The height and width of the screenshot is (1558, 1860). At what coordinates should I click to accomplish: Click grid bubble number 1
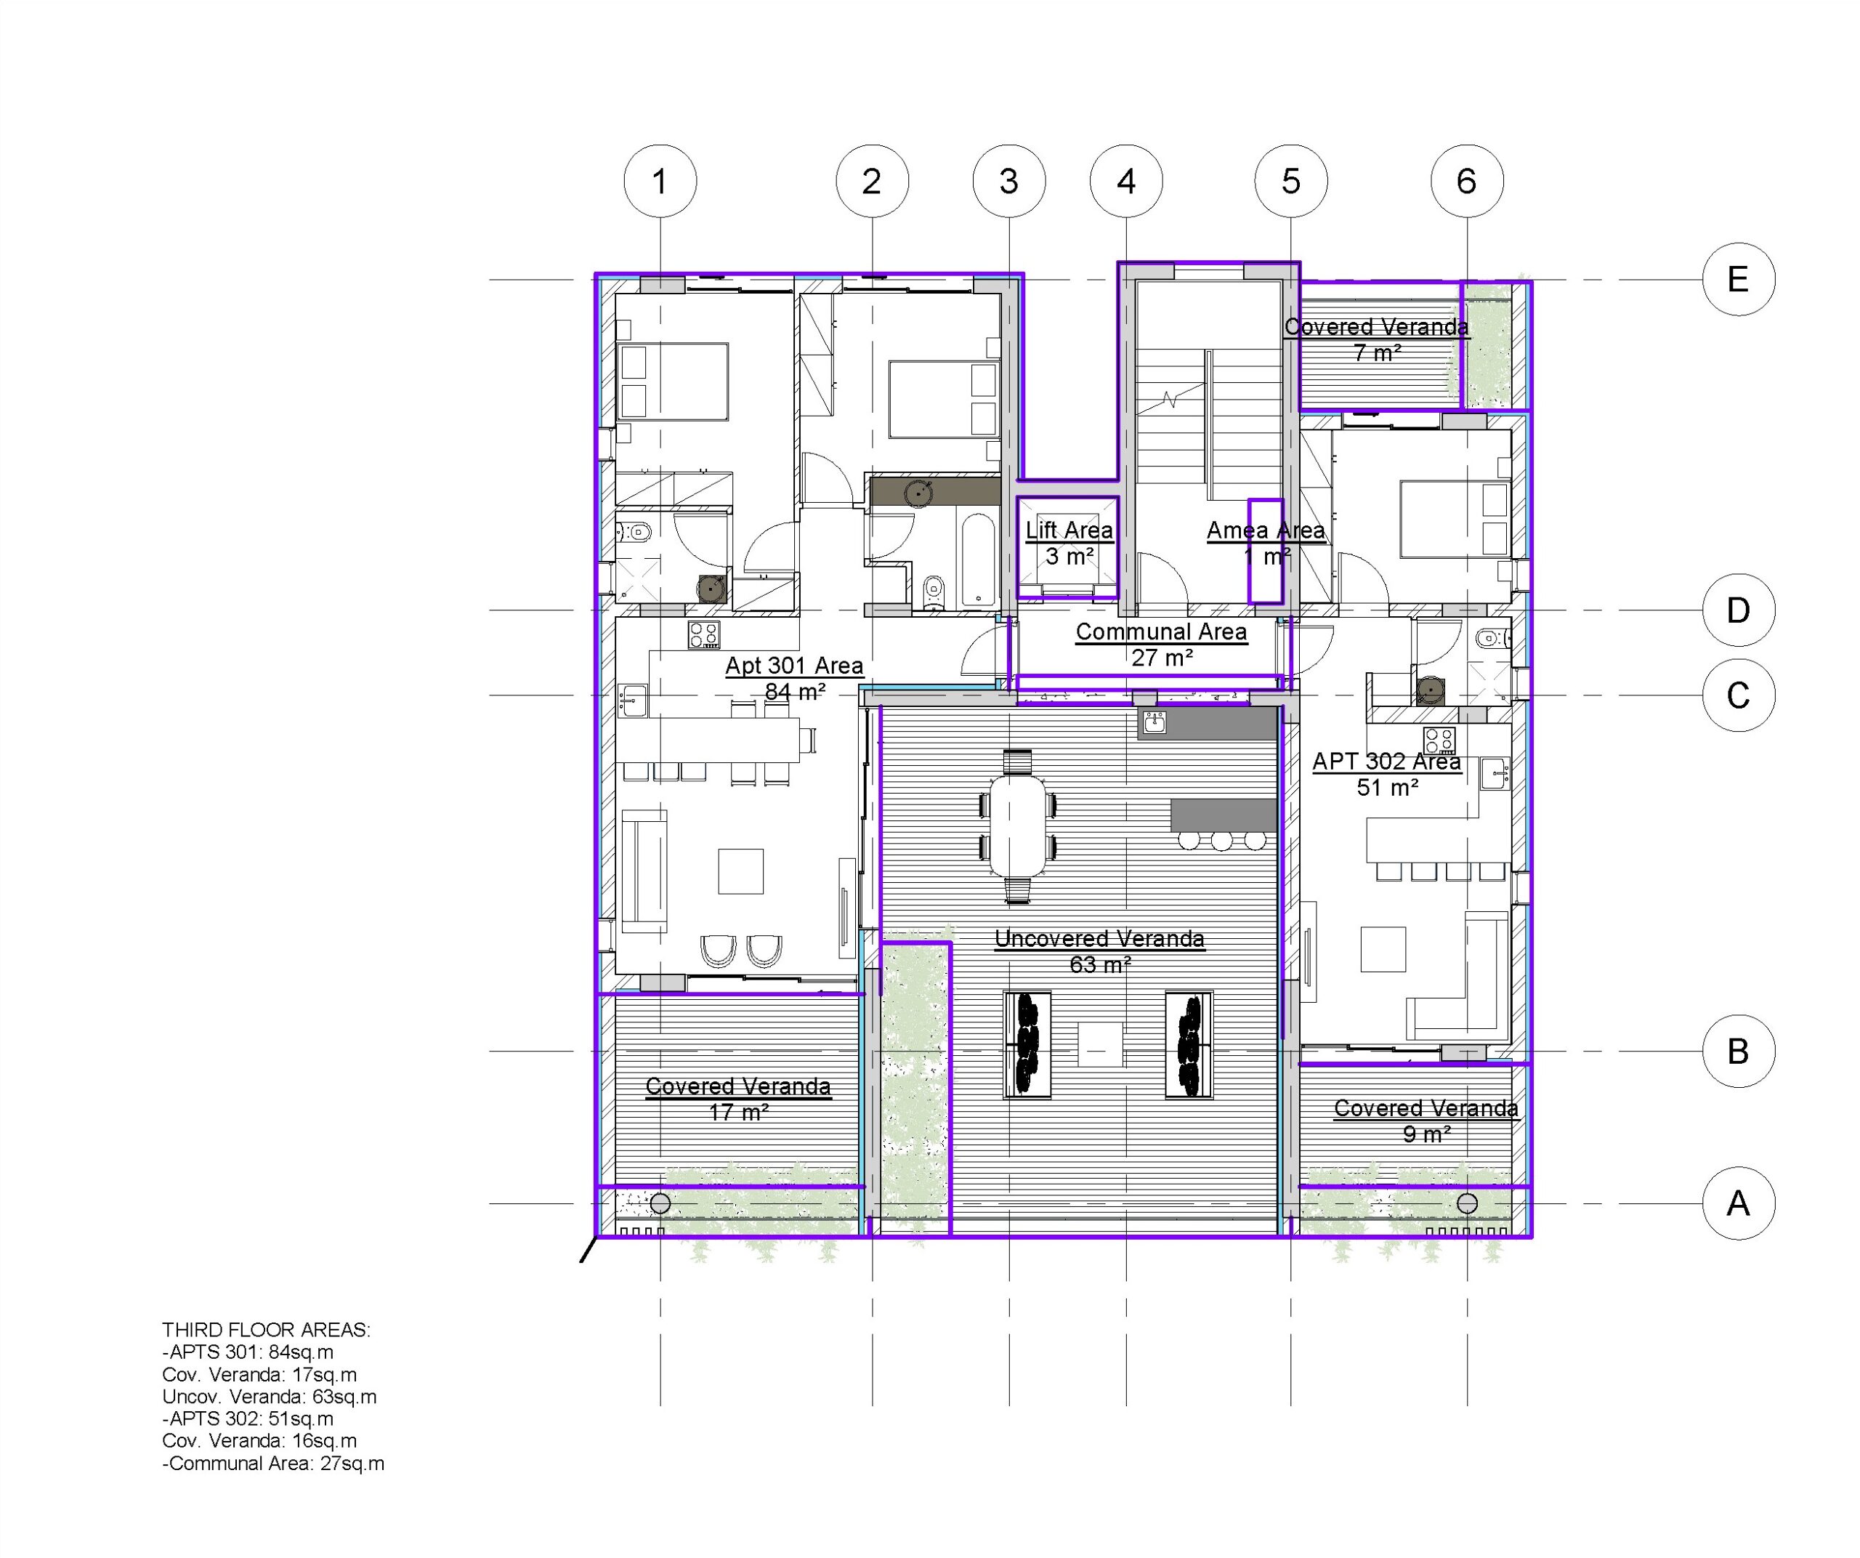[x=660, y=182]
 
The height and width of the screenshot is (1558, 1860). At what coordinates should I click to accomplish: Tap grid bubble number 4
[x=1125, y=182]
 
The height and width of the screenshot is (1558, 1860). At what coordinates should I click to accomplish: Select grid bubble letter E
[x=1739, y=280]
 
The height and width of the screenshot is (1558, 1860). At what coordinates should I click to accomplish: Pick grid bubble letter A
[x=1739, y=1203]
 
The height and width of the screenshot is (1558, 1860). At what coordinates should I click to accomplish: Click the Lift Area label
[x=1069, y=543]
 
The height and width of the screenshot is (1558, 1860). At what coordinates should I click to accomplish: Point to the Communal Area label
[x=1161, y=645]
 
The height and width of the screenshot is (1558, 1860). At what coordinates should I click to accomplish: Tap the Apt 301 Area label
[x=794, y=679]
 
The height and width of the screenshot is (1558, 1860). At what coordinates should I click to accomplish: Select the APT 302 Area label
[x=1387, y=774]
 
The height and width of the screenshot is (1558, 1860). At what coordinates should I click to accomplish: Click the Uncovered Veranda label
[x=1099, y=951]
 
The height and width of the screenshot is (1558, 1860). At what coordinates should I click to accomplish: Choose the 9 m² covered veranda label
[x=1426, y=1121]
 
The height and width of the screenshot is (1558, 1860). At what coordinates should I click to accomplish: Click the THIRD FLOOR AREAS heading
[x=267, y=1330]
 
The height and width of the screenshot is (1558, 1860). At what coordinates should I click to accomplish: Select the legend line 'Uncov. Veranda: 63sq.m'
[x=270, y=1397]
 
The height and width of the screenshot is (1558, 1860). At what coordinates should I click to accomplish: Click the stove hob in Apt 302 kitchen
[x=1439, y=740]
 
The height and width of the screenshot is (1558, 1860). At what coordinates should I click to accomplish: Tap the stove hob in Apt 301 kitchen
[x=704, y=635]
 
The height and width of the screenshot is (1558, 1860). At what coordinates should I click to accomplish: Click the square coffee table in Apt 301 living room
[x=740, y=871]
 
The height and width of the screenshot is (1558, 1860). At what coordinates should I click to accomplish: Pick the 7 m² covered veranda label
[x=1376, y=340]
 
